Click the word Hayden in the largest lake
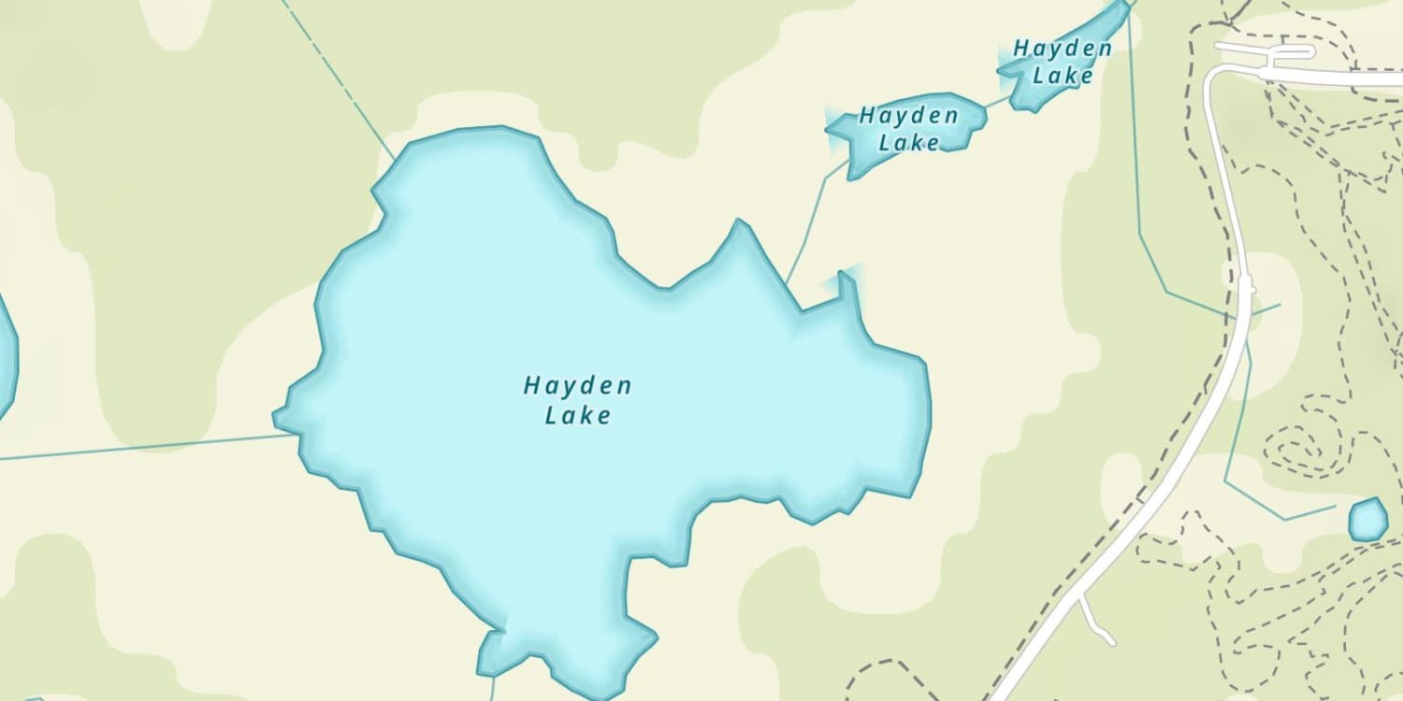[x=577, y=385]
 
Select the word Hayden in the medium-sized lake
[x=908, y=117]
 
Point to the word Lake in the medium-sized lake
[x=908, y=142]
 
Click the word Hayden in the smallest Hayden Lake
[x=1063, y=49]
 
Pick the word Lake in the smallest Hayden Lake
[x=1063, y=75]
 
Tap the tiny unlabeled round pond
[x=1367, y=520]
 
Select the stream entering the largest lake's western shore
[x=140, y=447]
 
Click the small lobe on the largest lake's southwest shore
[x=491, y=652]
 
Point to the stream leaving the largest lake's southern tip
[x=492, y=687]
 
